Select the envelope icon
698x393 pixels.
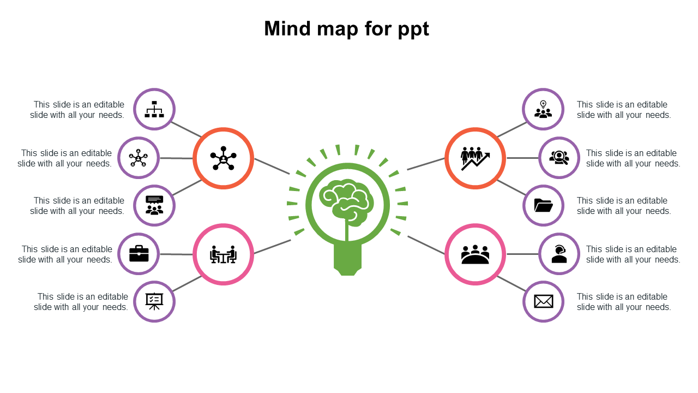pyautogui.click(x=543, y=301)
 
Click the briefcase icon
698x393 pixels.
pyautogui.click(x=139, y=254)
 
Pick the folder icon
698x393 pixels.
pyautogui.click(x=543, y=206)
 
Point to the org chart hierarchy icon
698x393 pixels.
pyautogui.click(x=154, y=109)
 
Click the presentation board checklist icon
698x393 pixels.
pyautogui.click(x=154, y=301)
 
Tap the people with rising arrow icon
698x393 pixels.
pyautogui.click(x=475, y=158)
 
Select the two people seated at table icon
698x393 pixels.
pyautogui.click(x=223, y=254)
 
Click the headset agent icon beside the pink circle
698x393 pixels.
pyautogui.click(x=559, y=254)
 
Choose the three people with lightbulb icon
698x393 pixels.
pyautogui.click(x=543, y=109)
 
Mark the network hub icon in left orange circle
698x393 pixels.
pyautogui.click(x=223, y=158)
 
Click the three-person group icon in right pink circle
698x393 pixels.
pyautogui.click(x=475, y=254)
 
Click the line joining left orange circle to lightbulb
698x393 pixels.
pyautogui.click(x=272, y=166)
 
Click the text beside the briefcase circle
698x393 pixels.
pyautogui.click(x=65, y=254)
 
